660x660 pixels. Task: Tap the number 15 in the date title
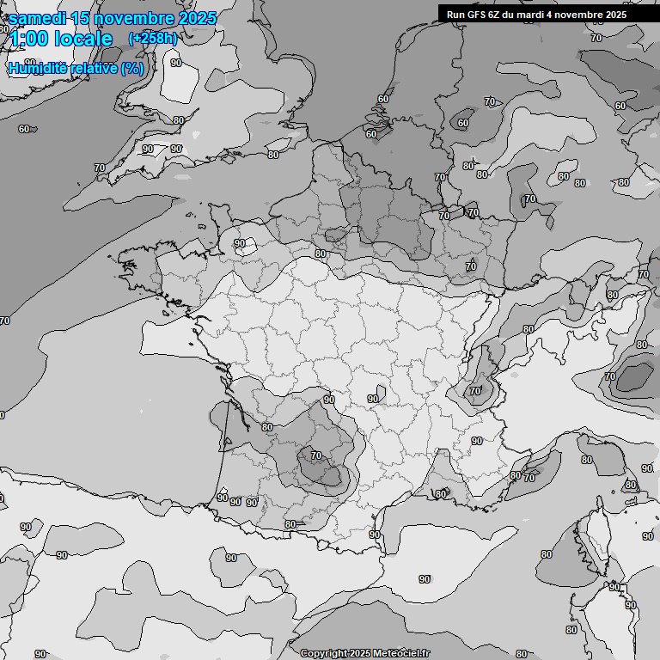(x=81, y=18)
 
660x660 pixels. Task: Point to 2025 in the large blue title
(x=194, y=18)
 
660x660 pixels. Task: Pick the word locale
(x=83, y=39)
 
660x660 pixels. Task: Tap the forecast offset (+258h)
(x=152, y=38)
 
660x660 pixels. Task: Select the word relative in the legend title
(x=91, y=68)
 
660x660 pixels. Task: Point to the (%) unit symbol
(x=132, y=68)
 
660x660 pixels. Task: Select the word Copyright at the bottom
(x=324, y=653)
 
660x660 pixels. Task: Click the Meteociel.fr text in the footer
(x=401, y=653)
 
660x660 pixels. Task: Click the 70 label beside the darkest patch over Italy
(x=609, y=376)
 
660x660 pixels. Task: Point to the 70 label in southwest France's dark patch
(x=315, y=455)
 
